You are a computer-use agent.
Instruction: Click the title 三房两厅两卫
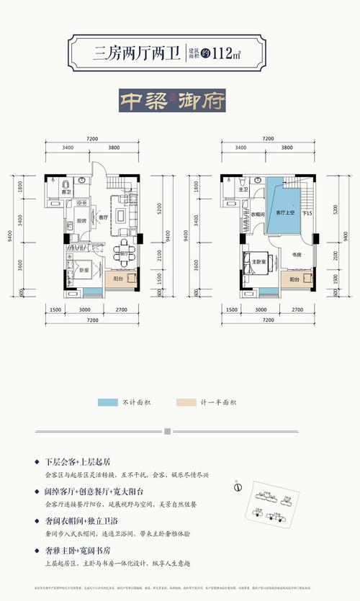(x=136, y=51)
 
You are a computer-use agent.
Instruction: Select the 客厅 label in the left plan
(x=103, y=217)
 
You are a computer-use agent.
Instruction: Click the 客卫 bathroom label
(x=66, y=193)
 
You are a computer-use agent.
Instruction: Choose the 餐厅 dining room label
(x=123, y=253)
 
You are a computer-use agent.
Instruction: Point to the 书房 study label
(x=295, y=254)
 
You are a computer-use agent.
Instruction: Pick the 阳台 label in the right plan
(x=294, y=279)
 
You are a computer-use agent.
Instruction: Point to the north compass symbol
(x=236, y=486)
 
